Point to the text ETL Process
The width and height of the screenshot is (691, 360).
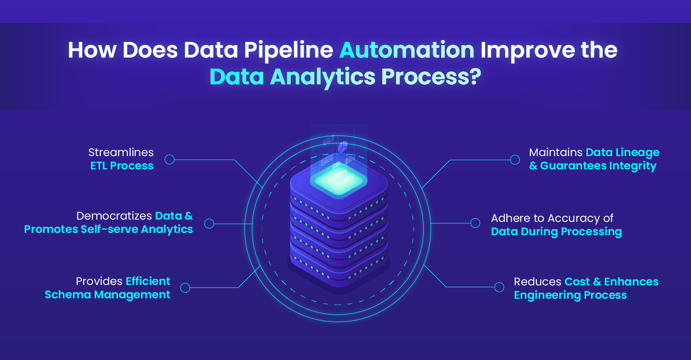(122, 166)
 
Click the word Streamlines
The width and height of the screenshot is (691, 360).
(121, 152)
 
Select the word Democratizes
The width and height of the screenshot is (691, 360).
(114, 216)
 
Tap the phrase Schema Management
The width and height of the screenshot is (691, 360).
(107, 295)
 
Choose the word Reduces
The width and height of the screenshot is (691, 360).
(537, 282)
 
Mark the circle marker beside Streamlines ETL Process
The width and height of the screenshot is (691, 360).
(169, 160)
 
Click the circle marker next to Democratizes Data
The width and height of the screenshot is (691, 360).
(209, 224)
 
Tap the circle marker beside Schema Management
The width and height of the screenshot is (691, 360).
(185, 288)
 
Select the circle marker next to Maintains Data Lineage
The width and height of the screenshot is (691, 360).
(515, 160)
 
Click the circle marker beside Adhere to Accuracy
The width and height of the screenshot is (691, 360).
(475, 223)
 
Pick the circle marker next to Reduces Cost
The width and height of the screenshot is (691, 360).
(499, 287)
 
